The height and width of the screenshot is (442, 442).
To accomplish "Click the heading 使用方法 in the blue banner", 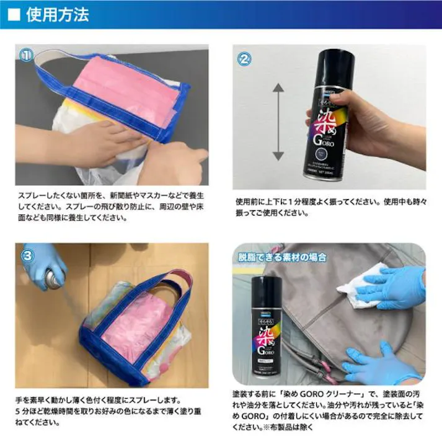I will pyautogui.click(x=57, y=14).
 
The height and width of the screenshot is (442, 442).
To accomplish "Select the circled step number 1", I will pyautogui.click(x=26, y=56).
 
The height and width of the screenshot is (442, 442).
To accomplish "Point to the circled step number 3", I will pyautogui.click(x=28, y=255).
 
